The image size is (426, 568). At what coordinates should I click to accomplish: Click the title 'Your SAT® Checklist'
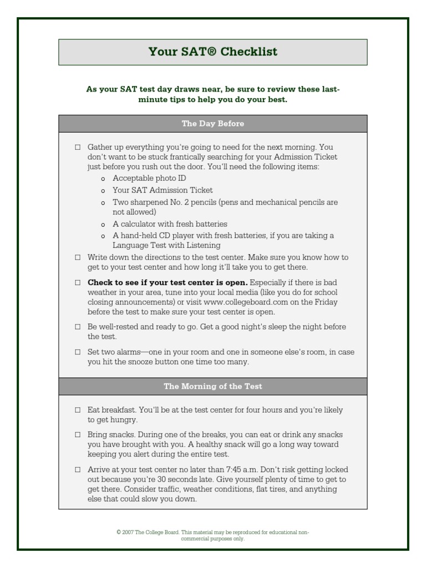212,52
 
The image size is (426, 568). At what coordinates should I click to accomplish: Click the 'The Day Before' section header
212,124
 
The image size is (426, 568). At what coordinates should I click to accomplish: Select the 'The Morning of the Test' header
212,387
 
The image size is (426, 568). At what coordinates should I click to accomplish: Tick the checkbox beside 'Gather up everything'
78,148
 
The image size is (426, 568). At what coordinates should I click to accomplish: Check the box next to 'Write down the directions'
78,257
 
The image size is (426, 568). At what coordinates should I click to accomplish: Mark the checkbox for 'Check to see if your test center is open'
78,282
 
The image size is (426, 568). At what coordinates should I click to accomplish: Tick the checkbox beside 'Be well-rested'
78,327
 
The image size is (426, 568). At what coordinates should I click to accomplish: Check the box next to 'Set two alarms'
78,352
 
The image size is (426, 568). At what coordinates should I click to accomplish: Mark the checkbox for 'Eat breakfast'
78,410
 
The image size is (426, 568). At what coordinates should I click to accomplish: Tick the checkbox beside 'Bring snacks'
78,435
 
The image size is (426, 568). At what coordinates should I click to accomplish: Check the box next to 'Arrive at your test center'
78,470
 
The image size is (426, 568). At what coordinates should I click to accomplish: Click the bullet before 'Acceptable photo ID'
103,179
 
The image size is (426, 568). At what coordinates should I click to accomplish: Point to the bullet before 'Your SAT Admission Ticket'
103,191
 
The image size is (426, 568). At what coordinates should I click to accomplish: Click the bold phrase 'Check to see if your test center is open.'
168,282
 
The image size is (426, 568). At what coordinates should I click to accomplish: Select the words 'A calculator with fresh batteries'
170,224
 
